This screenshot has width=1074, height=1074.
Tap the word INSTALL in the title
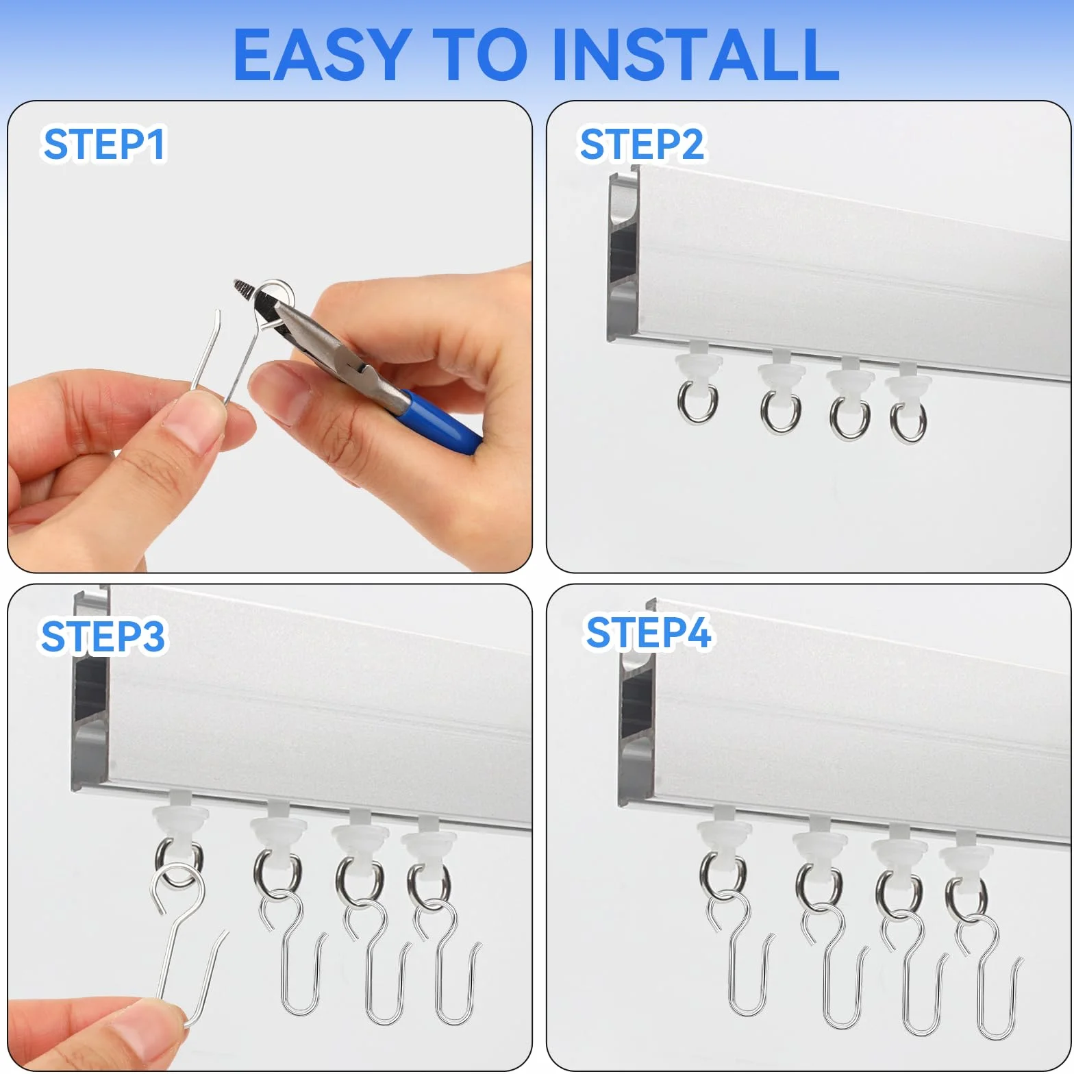coord(695,55)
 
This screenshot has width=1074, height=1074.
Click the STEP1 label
coord(104,145)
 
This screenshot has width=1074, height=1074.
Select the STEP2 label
coord(642,145)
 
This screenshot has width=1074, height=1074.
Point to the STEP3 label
coord(103,636)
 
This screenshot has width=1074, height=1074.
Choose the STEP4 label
coord(649,632)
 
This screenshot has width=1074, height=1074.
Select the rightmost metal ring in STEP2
coord(908,419)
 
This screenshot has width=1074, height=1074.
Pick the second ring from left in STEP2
coord(780,411)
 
